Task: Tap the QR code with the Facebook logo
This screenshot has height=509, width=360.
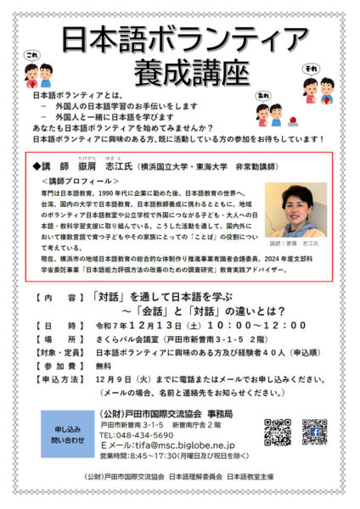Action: (x=315, y=431)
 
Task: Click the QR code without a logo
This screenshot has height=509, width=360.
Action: (x=277, y=431)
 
